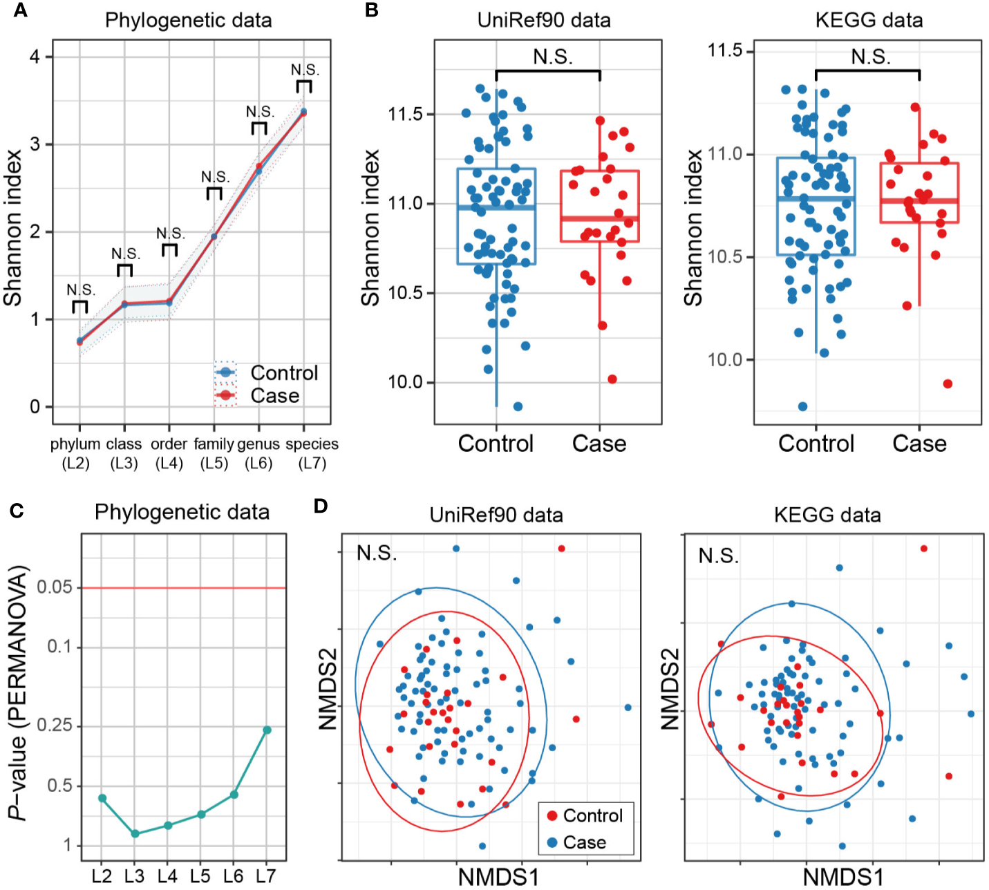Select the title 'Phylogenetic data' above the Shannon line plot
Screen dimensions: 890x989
tap(188, 20)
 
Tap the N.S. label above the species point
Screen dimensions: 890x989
tap(304, 70)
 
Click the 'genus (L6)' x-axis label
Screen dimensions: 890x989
tap(258, 453)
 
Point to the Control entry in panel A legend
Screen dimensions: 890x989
tap(283, 373)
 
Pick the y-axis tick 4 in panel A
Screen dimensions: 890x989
tap(35, 57)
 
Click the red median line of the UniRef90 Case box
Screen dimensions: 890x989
tap(599, 218)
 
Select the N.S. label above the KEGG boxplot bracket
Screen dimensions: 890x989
tap(869, 57)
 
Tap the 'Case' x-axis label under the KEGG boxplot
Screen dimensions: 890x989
tap(919, 444)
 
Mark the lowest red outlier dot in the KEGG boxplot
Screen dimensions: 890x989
tap(948, 384)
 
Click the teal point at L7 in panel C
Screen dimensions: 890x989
tap(267, 730)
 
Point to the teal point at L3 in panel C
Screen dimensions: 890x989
tap(135, 834)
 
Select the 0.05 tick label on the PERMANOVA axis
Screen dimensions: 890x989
tap(55, 587)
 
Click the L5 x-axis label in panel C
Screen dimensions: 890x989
tap(200, 876)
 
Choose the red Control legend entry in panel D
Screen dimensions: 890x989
tap(584, 816)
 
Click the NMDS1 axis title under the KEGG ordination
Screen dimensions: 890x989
tap(842, 877)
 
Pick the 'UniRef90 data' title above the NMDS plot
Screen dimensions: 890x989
tap(496, 515)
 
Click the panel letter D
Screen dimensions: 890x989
tap(320, 506)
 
